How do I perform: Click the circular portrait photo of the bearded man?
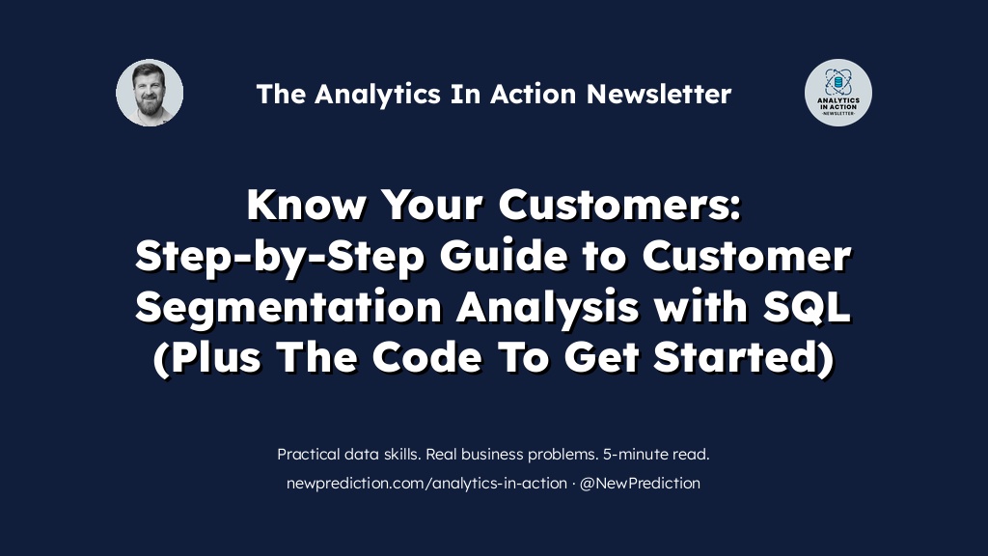[150, 93]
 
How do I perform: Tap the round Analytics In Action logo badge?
[838, 93]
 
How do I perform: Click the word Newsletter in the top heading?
[659, 94]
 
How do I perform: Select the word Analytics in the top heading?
[377, 95]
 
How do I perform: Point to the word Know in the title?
[306, 205]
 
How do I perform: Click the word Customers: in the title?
[620, 205]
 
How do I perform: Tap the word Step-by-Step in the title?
[280, 257]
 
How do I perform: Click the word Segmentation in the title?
[288, 308]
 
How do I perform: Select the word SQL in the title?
[808, 307]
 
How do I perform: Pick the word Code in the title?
[427, 357]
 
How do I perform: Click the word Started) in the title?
[744, 358]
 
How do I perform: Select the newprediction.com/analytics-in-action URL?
[426, 484]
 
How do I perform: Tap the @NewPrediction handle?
[640, 484]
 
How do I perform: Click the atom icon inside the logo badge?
[838, 82]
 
